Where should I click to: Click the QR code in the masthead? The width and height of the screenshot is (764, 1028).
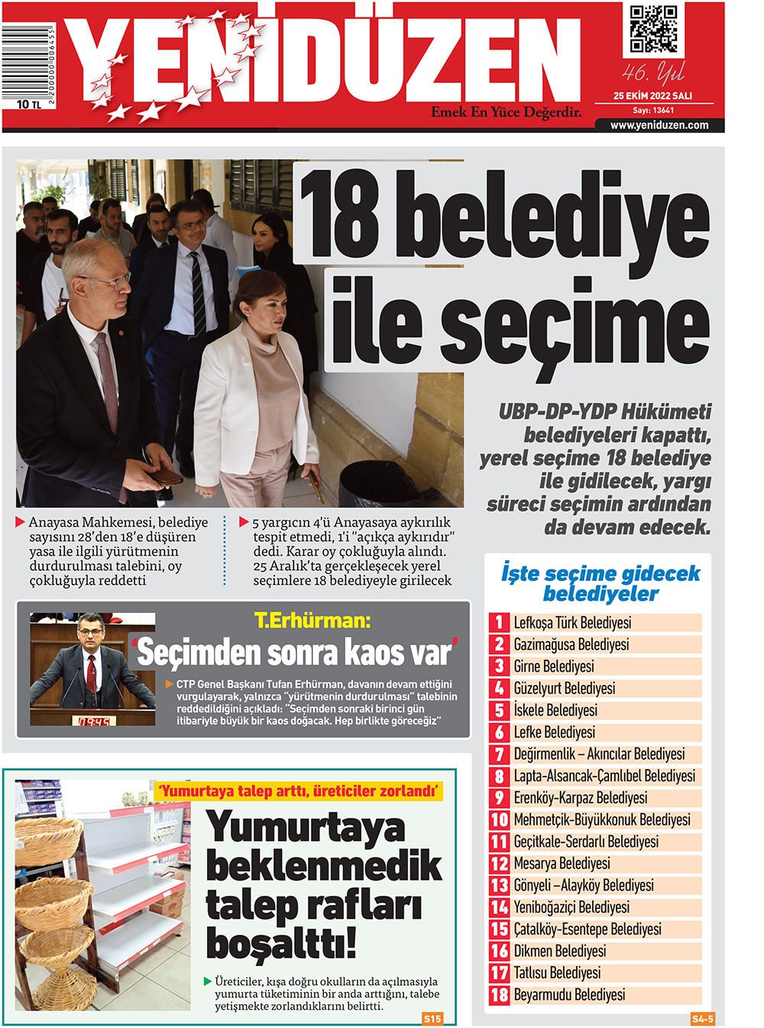(x=653, y=30)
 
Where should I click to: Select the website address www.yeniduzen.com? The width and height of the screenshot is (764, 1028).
(x=659, y=125)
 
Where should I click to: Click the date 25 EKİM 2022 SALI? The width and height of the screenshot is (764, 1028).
(x=652, y=96)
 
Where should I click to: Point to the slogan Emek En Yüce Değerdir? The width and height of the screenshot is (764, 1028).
(x=506, y=112)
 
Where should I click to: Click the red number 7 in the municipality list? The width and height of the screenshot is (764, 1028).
(x=499, y=754)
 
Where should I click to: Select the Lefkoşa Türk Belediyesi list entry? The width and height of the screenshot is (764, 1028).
(x=572, y=623)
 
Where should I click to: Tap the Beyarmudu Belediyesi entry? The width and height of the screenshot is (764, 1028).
(x=569, y=995)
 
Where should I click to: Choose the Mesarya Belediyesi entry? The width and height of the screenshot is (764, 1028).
(x=562, y=864)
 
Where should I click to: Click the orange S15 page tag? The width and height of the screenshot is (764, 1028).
(x=432, y=1018)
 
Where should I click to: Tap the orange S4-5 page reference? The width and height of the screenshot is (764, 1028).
(x=702, y=1019)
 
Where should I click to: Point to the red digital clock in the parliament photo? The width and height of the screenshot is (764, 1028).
(x=94, y=721)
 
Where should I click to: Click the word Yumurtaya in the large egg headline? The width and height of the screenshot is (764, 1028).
(x=306, y=828)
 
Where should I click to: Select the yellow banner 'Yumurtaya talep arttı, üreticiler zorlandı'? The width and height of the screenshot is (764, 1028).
(x=299, y=791)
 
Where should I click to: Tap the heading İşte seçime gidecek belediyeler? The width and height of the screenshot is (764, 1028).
(x=600, y=583)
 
